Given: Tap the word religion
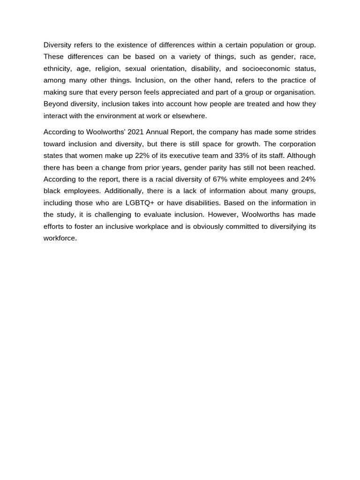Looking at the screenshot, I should (x=107, y=68).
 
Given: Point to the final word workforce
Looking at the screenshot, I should (x=60, y=238).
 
